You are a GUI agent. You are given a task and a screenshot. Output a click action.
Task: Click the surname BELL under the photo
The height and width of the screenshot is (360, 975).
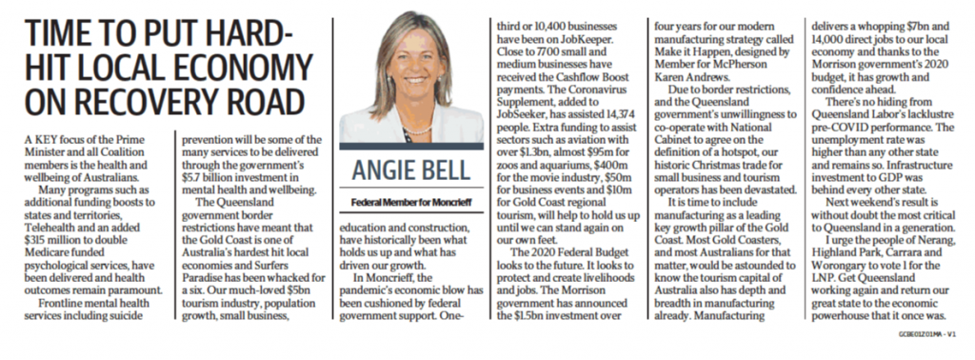[x=442, y=173]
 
